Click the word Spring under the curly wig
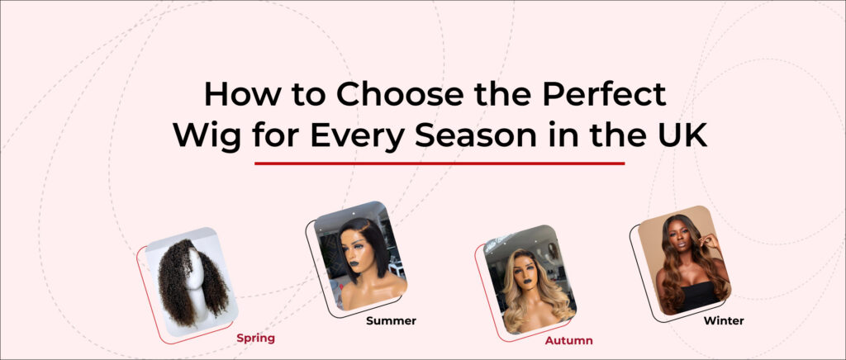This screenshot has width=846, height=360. click(x=255, y=339)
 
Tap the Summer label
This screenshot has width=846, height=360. click(x=391, y=320)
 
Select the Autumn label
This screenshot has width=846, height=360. click(x=568, y=341)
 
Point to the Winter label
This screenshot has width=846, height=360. click(x=724, y=320)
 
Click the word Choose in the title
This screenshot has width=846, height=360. click(x=399, y=94)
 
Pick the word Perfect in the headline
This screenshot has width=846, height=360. click(x=604, y=94)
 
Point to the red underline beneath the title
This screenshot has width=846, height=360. click(x=440, y=163)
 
